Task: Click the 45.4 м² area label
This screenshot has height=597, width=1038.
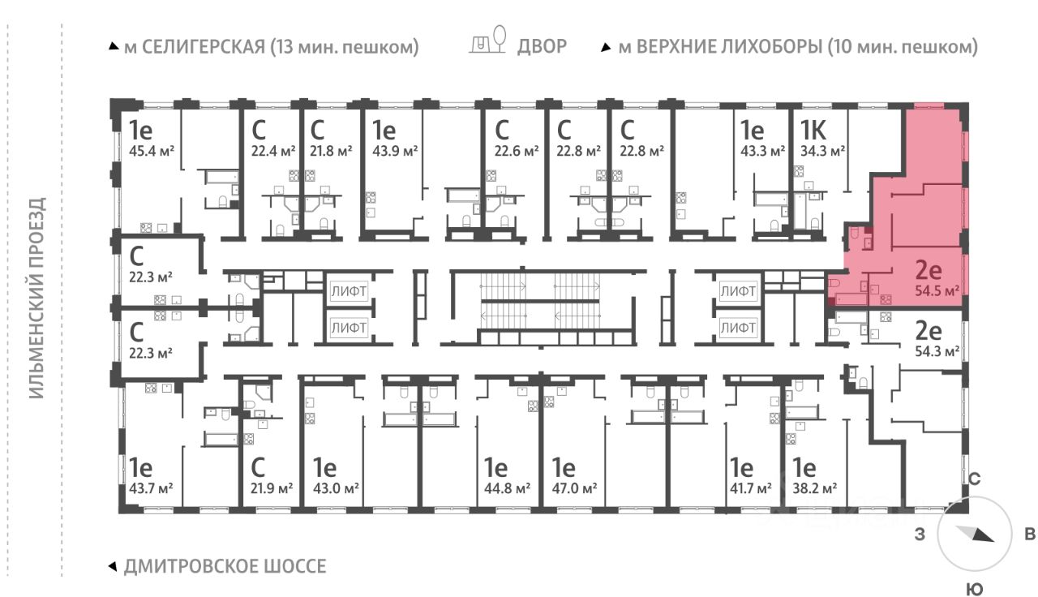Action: coord(152,151)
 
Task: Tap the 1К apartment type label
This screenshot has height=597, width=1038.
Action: coord(813,130)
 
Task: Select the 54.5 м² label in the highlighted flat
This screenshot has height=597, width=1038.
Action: coord(937,291)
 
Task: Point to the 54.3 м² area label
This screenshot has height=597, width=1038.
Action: coord(937,352)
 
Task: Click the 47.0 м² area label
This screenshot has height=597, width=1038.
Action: coord(575,488)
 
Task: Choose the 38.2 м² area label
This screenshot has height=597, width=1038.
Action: coord(814,488)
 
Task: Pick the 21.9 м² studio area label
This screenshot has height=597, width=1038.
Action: coord(272,488)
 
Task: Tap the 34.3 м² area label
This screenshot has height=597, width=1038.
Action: coord(822,151)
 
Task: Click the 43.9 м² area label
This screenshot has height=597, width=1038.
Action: coord(395,151)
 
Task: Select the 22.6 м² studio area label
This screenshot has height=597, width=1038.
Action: coord(517,151)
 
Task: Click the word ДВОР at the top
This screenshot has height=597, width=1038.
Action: coord(542,46)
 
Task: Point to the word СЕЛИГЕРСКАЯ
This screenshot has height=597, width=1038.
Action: coord(204,47)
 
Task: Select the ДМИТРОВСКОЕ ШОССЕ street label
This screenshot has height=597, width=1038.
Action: coord(225,566)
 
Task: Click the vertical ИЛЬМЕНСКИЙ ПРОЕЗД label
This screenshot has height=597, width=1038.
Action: coord(37,298)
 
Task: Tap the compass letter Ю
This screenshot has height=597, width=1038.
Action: coord(975,590)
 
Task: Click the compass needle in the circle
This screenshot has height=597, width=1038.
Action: coord(974,534)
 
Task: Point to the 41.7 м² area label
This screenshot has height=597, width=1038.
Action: coord(751,488)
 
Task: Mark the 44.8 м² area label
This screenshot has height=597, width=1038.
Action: coord(507,488)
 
